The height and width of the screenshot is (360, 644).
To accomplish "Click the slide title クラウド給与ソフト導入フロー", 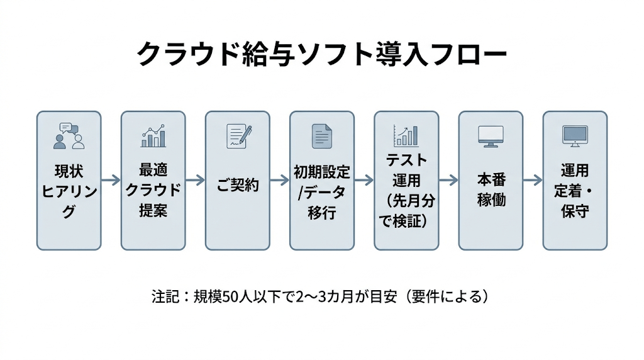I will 321,55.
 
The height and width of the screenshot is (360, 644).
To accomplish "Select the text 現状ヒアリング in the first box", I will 69,191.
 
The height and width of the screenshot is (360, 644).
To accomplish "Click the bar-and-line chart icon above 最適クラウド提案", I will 153,135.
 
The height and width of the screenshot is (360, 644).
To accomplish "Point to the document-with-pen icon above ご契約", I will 238,136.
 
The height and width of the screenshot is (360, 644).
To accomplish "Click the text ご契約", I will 238,186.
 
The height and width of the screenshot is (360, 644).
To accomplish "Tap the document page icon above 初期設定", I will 321,136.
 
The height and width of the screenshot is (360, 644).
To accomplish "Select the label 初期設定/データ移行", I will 322,191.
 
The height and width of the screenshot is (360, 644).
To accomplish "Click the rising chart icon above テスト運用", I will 406,135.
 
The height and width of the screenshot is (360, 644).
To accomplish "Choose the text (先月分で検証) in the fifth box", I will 406,210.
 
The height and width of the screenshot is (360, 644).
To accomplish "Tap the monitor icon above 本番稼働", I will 491,136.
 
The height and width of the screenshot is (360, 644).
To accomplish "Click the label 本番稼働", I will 491,190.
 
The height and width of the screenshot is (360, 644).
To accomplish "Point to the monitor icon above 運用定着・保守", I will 575,136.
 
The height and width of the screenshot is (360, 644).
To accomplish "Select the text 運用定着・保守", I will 575,190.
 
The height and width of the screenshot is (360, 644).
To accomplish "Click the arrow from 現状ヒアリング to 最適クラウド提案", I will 111,181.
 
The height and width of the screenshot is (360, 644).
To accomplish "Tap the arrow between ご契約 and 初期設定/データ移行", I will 279,181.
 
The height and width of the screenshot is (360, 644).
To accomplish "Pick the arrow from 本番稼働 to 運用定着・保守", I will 533,181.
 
